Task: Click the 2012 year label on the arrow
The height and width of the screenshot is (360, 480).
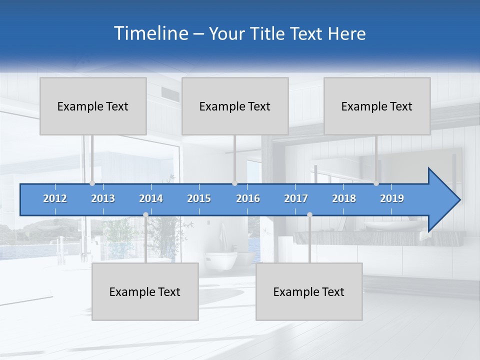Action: point(55,198)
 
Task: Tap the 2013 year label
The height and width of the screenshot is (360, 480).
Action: point(103,198)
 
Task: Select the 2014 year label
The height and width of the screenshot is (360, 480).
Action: point(151,198)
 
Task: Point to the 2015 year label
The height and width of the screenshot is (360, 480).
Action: point(199,198)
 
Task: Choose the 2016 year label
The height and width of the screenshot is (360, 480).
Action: point(248,198)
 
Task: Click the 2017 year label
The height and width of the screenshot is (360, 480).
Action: point(296,198)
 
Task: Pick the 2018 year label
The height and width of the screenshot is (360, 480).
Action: point(344,198)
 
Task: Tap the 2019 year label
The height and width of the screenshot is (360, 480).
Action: point(392,198)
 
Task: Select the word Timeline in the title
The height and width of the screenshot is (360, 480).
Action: point(150,33)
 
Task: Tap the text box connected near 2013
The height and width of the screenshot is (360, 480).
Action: point(93,106)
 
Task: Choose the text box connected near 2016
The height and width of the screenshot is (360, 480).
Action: point(235,106)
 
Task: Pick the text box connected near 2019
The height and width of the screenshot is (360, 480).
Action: point(377,106)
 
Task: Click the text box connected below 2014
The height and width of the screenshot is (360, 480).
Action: point(145,291)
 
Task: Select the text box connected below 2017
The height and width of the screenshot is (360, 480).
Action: point(309,291)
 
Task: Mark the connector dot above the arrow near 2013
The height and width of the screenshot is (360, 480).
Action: point(92,183)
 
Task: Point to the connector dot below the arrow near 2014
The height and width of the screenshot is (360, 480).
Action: point(145,214)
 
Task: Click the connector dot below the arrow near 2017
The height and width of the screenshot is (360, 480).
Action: point(309,214)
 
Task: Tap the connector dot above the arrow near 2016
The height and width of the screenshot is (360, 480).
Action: point(234,183)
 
